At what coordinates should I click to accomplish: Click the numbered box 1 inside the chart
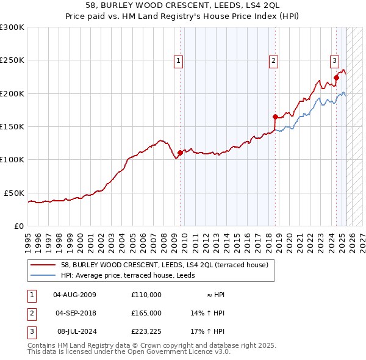tap(179, 60)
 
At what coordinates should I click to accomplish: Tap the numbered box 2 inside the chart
tap(273, 60)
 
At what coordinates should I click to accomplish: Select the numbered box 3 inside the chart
tap(335, 60)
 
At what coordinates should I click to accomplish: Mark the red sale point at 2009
tap(181, 153)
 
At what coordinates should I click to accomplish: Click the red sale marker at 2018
tap(275, 117)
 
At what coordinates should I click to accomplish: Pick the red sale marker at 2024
tap(336, 78)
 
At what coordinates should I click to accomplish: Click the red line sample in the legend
tap(43, 265)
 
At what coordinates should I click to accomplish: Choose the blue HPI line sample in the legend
tap(43, 275)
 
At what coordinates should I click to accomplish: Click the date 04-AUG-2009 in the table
tap(75, 295)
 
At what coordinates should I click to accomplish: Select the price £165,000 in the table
tap(146, 313)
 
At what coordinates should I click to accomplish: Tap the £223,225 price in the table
tap(146, 331)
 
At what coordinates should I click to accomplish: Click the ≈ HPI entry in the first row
tap(215, 295)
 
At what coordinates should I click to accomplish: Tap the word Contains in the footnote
tap(41, 345)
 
